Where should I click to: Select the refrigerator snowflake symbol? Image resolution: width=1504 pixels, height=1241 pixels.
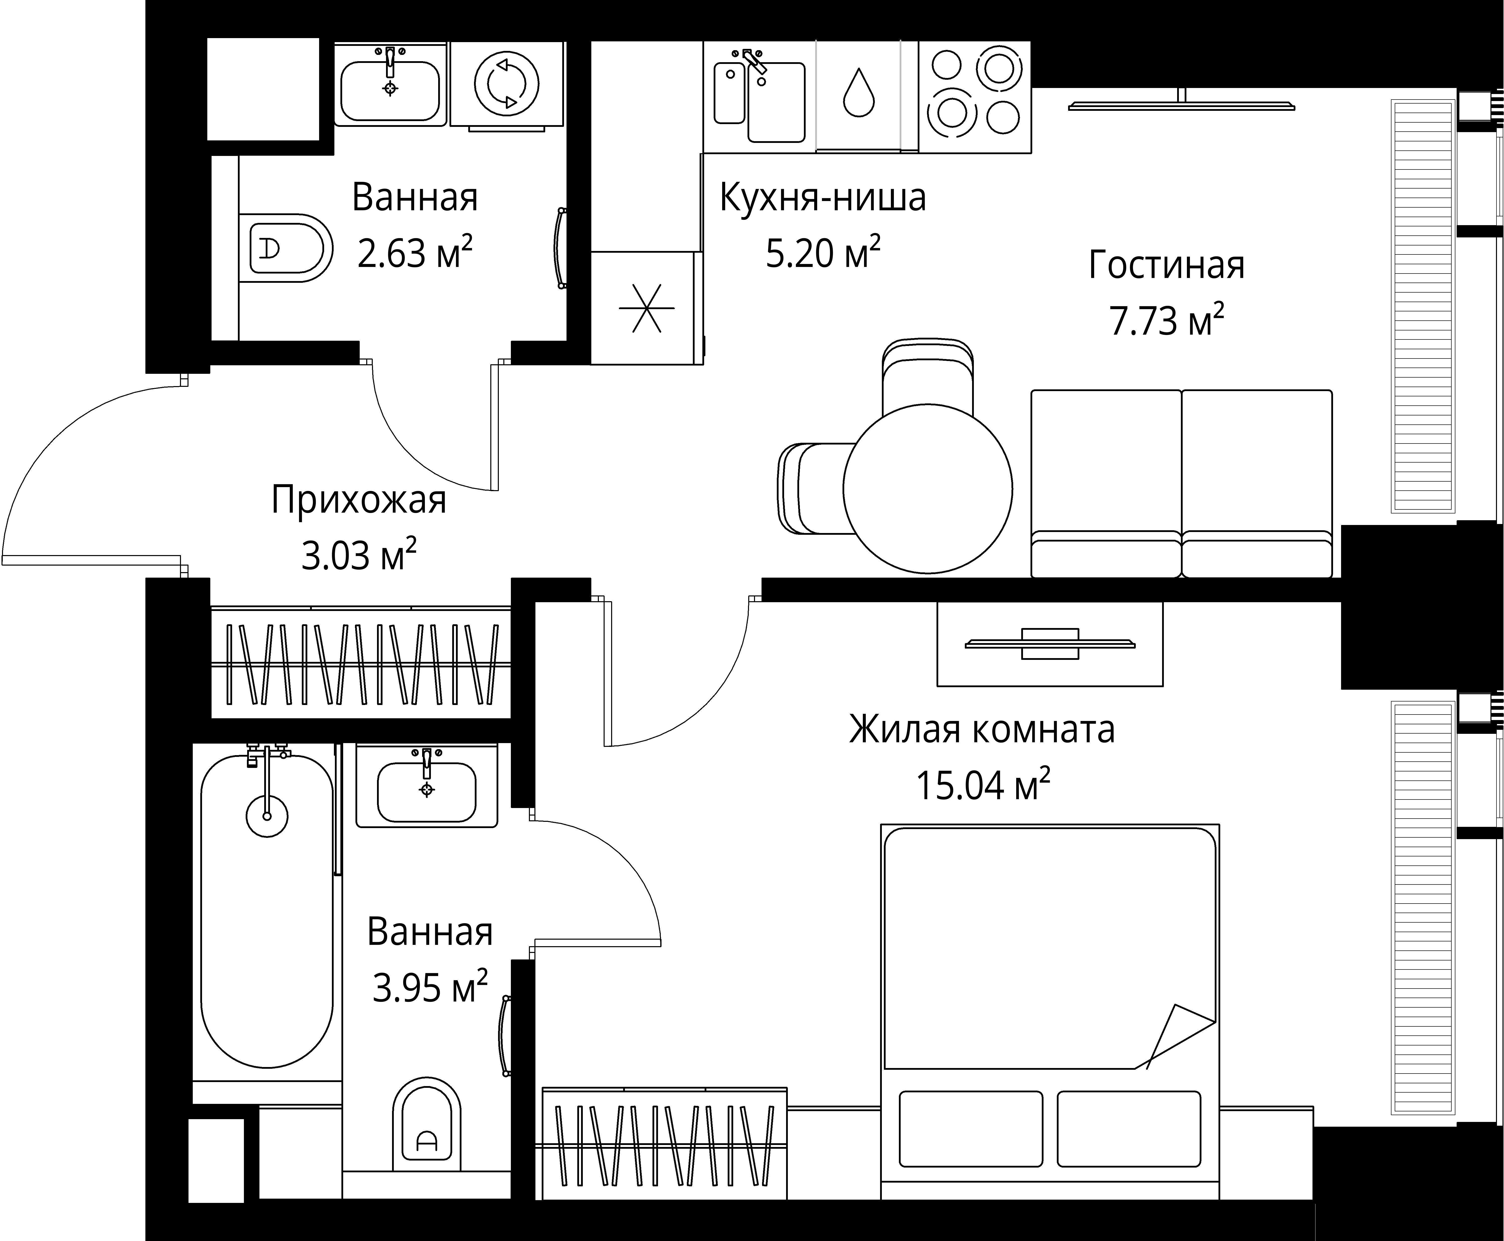click(x=646, y=309)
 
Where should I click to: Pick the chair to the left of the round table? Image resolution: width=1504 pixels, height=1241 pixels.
click(x=815, y=489)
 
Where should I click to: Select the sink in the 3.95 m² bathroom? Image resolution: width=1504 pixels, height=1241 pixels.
click(x=427, y=790)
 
